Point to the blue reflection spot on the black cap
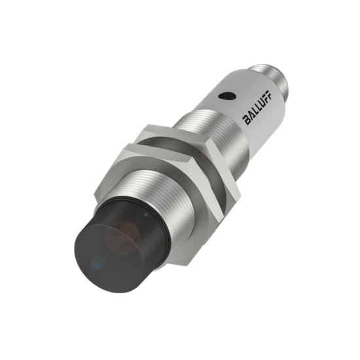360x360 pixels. (x=98, y=264)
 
